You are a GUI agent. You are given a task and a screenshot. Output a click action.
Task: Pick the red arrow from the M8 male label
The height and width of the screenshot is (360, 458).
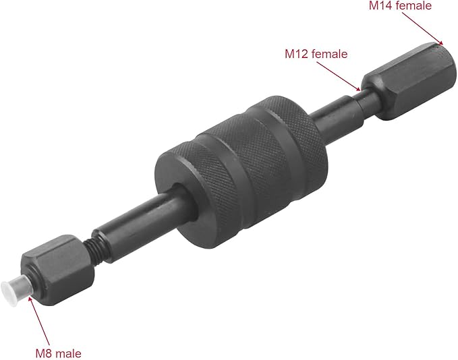(40, 320)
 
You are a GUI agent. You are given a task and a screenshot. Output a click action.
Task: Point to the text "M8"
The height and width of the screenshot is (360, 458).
(44, 352)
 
